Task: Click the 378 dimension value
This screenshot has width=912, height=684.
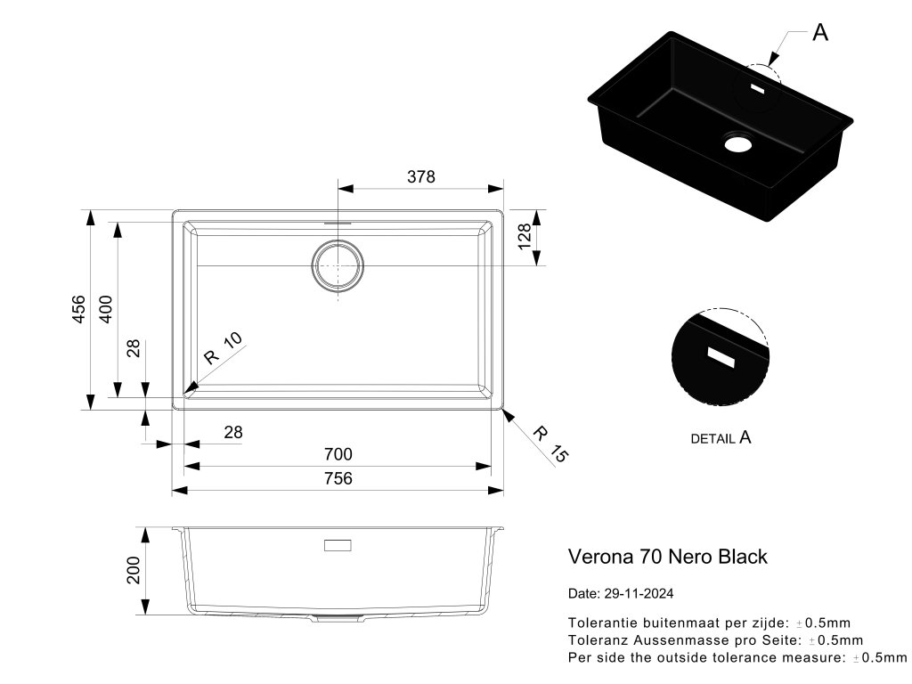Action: point(421,176)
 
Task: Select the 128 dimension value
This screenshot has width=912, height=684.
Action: point(525,236)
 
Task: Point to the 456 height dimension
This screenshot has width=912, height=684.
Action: point(78,309)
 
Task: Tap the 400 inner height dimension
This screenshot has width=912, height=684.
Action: point(105,309)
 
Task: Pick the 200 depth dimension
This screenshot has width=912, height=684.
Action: point(134,570)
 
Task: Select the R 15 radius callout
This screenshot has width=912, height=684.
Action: point(550,443)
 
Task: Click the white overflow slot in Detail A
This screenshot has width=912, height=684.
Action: point(720,356)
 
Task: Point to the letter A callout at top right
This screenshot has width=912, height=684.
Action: point(820,33)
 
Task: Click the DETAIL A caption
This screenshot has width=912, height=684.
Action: point(721,438)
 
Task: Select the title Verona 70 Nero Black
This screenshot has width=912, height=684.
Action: point(667,557)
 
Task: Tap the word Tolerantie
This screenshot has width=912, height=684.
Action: point(599,623)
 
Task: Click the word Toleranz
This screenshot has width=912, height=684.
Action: point(597,639)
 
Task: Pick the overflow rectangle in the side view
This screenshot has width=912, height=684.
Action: point(337,545)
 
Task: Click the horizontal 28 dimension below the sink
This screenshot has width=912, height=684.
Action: point(232,432)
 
